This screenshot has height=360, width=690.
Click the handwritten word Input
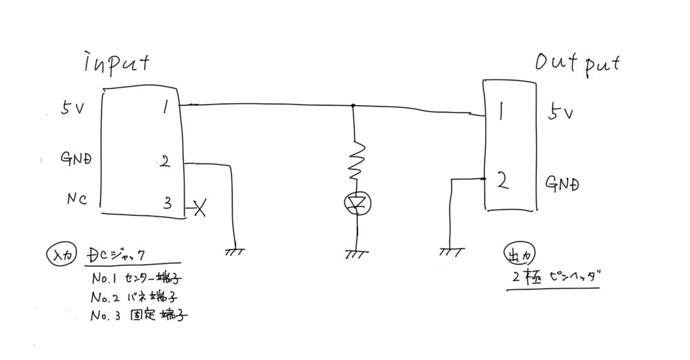tap(117, 64)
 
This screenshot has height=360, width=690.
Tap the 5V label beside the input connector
tap(73, 108)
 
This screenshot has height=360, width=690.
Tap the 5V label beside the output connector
tap(560, 113)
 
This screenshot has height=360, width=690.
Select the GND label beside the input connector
tap(76, 158)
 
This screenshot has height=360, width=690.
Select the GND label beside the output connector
tap(562, 184)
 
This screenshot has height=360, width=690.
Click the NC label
tap(77, 200)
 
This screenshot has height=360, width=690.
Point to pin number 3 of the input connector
tap(167, 203)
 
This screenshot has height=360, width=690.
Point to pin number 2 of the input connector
tap(165, 162)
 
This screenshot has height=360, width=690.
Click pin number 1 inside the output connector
tap(501, 113)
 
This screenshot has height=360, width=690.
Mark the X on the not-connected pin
tap(200, 207)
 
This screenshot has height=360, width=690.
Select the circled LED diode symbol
tap(357, 202)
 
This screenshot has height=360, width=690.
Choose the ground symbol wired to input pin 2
tap(234, 251)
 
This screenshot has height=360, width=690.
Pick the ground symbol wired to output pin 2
tap(451, 251)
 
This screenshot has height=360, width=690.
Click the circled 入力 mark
tap(62, 256)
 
